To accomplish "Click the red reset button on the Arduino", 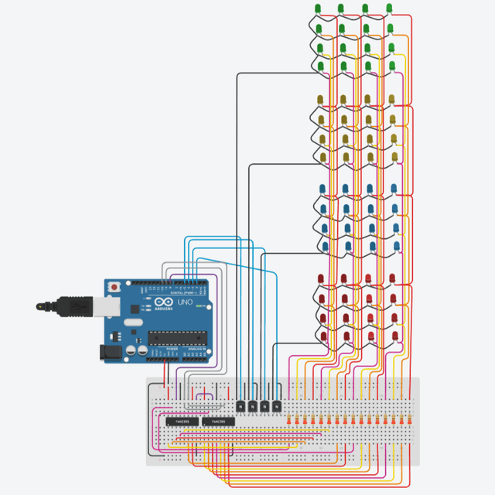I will coord(115,287).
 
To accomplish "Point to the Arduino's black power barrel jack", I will coord(108,352).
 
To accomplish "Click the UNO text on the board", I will coord(185,302).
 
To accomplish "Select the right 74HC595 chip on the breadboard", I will coord(219,422).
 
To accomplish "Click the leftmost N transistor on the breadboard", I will coord(241,405).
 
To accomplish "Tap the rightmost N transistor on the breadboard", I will coord(276,405).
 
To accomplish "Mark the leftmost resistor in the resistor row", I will coord(289,421).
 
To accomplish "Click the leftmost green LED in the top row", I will coord(319,9).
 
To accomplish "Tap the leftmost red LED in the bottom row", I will coord(319,333).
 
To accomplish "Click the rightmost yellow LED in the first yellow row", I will coord(392,99).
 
